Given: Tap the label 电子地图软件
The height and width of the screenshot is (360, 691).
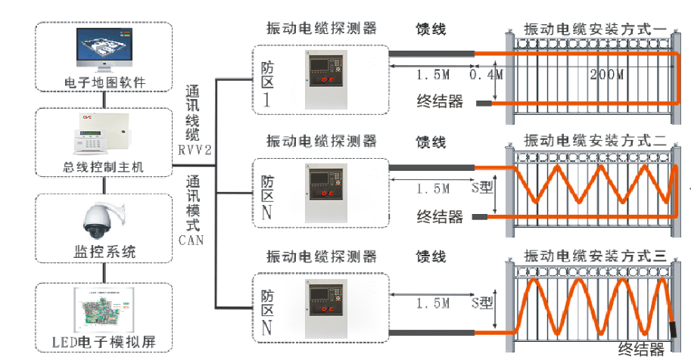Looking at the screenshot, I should (104, 82).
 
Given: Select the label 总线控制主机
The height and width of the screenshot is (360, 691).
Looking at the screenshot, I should (104, 166).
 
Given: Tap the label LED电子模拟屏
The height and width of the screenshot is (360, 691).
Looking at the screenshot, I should (105, 342).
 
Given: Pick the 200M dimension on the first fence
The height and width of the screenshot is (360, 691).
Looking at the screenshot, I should (606, 75).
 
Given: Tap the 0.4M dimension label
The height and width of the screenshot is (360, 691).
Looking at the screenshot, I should (486, 75).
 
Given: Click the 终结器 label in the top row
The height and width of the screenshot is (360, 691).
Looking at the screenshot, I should (440, 101).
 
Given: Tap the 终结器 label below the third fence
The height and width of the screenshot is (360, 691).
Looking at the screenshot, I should (640, 349).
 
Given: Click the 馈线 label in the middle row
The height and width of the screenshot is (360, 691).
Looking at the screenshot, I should (431, 142).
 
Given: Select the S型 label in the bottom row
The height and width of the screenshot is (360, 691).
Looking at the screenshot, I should (481, 303).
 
